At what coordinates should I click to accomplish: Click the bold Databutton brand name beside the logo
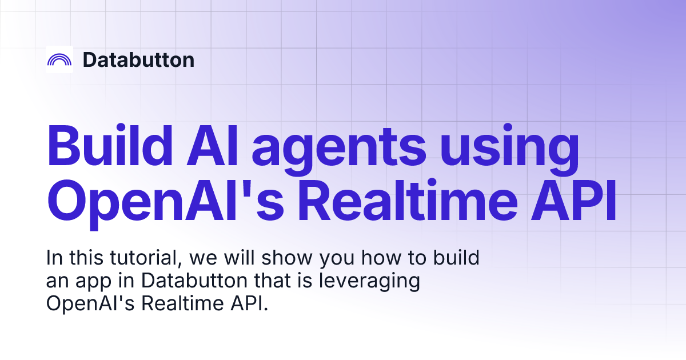click(138, 59)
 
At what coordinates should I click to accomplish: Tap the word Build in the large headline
click(109, 145)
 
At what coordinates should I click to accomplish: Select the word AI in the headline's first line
click(212, 145)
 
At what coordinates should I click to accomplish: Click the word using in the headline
click(509, 149)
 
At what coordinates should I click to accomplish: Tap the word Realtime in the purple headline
click(408, 200)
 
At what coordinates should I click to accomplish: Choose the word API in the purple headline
click(573, 200)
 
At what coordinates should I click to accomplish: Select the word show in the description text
click(287, 258)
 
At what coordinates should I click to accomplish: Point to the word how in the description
click(381, 258)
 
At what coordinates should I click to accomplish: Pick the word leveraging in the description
click(369, 281)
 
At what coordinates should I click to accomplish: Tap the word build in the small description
click(456, 258)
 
